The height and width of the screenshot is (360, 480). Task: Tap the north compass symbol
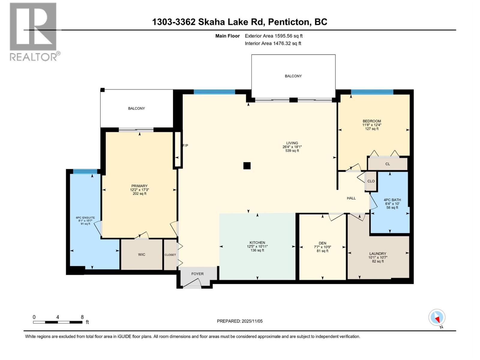(x=437, y=317)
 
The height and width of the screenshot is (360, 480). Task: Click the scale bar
(x=58, y=322)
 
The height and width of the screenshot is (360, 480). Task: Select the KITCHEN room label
(x=257, y=243)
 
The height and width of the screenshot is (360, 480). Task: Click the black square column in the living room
(x=247, y=166)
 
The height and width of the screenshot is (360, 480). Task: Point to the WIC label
(x=142, y=254)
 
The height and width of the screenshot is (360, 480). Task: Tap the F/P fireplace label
(x=185, y=145)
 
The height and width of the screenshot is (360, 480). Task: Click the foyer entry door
(x=192, y=283)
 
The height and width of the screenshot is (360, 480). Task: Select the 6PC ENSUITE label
(x=85, y=218)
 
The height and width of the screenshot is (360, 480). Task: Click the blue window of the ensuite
(x=85, y=171)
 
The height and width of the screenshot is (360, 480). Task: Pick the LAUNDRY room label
(x=377, y=253)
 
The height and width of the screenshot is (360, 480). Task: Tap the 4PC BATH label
(x=392, y=200)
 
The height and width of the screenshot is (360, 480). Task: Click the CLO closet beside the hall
(x=371, y=181)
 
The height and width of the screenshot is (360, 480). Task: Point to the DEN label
(x=322, y=243)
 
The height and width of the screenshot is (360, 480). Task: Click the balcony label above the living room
(x=293, y=76)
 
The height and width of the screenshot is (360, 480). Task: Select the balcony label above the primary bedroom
(x=136, y=108)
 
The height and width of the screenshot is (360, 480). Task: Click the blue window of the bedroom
(x=372, y=92)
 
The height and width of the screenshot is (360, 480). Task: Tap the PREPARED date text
(x=240, y=321)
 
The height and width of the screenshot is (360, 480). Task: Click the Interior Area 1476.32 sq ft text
(x=273, y=43)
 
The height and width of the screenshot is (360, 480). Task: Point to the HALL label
(x=351, y=198)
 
